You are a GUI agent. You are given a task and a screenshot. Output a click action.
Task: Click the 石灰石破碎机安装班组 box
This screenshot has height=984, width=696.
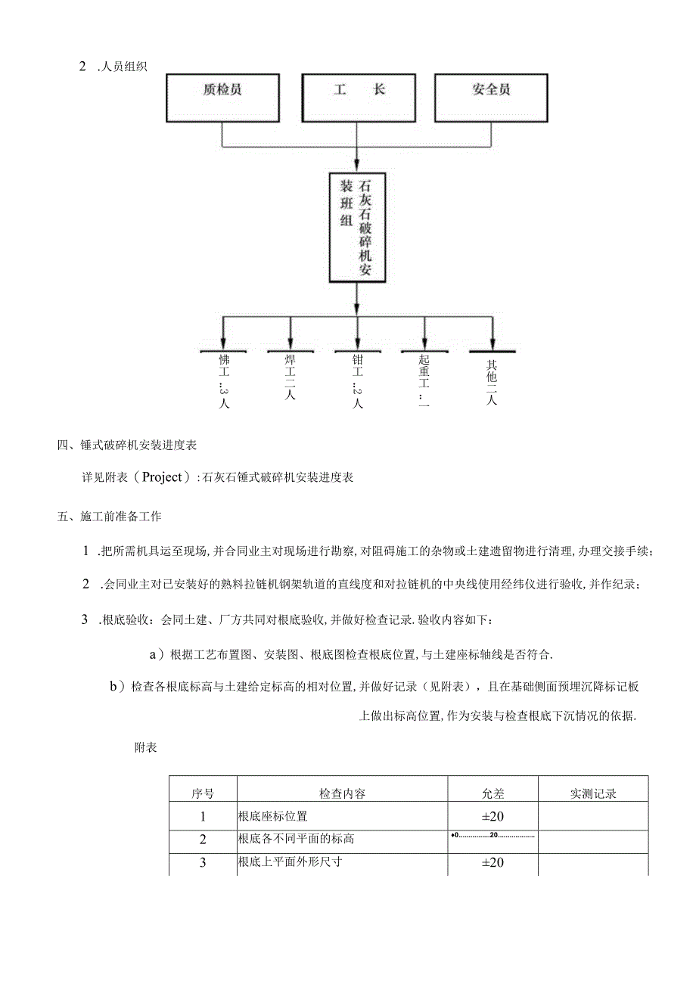[356, 228]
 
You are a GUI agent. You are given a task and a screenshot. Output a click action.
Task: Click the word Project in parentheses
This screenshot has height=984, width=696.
[162, 477]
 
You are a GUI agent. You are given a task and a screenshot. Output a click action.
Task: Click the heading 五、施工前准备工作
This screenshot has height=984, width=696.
[109, 517]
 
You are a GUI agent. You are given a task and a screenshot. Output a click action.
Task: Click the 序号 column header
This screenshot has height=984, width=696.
[203, 793]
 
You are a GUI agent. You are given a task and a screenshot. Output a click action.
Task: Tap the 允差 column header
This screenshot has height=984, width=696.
[492, 793]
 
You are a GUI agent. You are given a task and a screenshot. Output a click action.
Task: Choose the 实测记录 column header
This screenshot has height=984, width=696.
[593, 793]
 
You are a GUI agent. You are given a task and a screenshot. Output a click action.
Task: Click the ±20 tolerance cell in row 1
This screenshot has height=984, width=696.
[492, 816]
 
